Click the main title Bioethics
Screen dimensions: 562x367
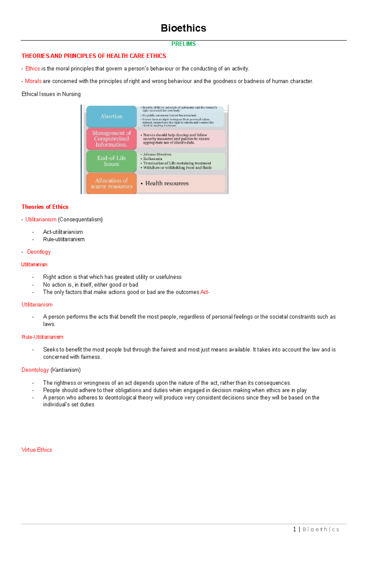183,28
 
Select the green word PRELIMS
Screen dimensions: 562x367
183,44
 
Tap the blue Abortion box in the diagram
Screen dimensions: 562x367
111,116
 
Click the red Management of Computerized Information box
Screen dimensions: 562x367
111,139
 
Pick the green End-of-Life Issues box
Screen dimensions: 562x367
111,161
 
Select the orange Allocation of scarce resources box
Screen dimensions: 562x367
111,183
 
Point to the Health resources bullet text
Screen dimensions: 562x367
167,183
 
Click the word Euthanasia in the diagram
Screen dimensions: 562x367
153,159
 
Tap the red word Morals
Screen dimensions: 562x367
33,81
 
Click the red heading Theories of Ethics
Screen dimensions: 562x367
45,207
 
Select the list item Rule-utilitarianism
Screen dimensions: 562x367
64,239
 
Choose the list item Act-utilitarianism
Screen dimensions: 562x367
63,232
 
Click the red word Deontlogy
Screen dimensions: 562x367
39,252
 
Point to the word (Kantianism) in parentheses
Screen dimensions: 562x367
65,370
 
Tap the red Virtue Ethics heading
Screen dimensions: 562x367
37,450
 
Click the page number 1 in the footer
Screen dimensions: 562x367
294,529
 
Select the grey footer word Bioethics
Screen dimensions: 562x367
321,529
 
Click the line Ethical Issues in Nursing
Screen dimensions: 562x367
51,94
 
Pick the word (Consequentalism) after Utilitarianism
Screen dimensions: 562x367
80,219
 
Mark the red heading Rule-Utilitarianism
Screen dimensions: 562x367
42,337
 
